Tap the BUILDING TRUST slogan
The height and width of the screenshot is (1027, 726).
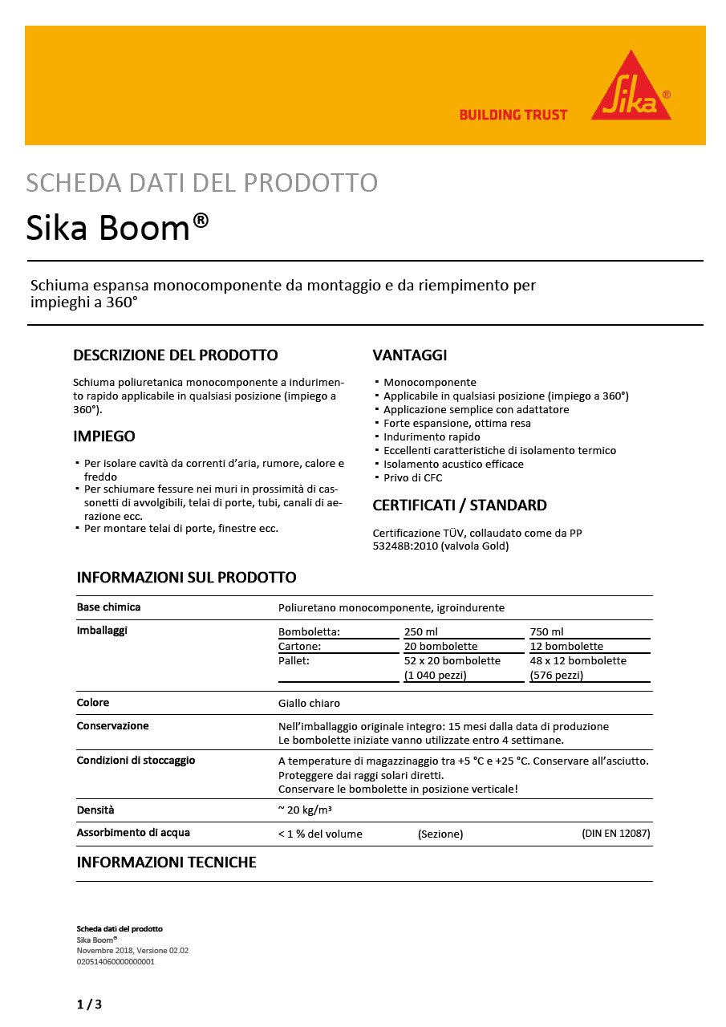tap(513, 115)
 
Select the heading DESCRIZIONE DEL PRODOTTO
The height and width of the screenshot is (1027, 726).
tap(175, 355)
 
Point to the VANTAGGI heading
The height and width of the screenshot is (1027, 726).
tap(409, 355)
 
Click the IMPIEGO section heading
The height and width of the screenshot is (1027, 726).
tap(104, 436)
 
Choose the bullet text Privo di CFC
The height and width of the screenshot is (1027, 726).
tap(412, 478)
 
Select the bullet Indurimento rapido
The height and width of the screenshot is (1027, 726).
tap(432, 437)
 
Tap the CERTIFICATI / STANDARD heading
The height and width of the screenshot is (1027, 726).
tap(460, 505)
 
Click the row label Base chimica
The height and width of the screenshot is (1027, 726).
tap(108, 607)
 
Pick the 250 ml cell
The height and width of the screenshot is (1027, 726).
tap(421, 631)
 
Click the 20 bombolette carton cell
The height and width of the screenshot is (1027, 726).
tap(440, 646)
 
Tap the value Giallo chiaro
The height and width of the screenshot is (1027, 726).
tap(309, 703)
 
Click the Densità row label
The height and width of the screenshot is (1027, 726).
tap(95, 810)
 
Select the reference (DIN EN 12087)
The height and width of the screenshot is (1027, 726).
tap(615, 834)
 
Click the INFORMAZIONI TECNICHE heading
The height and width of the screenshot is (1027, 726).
tap(166, 863)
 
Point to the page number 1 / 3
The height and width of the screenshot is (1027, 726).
tap(89, 1005)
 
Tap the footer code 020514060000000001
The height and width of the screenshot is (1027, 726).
tap(116, 961)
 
